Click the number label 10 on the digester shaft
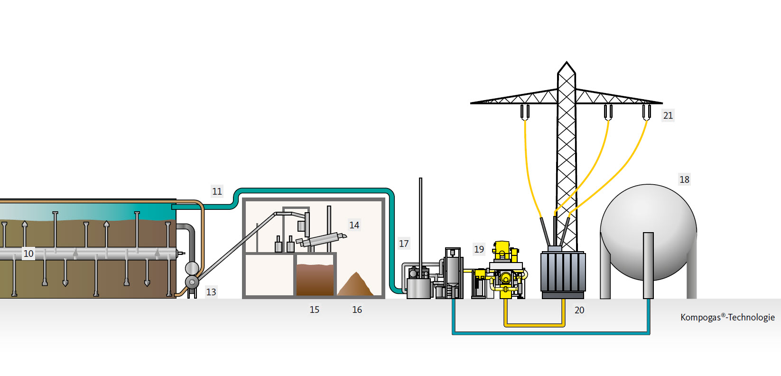pyautogui.click(x=28, y=254)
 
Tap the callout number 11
pyautogui.click(x=217, y=191)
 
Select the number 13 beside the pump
pyautogui.click(x=211, y=292)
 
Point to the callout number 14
pyautogui.click(x=354, y=226)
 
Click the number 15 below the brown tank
pyautogui.click(x=314, y=310)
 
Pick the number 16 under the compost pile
pyautogui.click(x=357, y=310)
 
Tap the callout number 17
pyautogui.click(x=404, y=244)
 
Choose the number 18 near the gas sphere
pyautogui.click(x=684, y=179)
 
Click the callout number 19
pyautogui.click(x=479, y=249)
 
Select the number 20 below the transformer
pyautogui.click(x=579, y=310)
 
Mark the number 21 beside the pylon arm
pyautogui.click(x=668, y=115)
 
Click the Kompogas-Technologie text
pyautogui.click(x=727, y=318)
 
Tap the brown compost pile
pyautogui.click(x=356, y=284)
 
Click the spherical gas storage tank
pyautogui.click(x=649, y=232)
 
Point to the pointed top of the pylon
pyautogui.click(x=567, y=62)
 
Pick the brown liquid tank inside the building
pyautogui.click(x=315, y=280)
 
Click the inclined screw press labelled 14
pyautogui.click(x=321, y=240)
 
